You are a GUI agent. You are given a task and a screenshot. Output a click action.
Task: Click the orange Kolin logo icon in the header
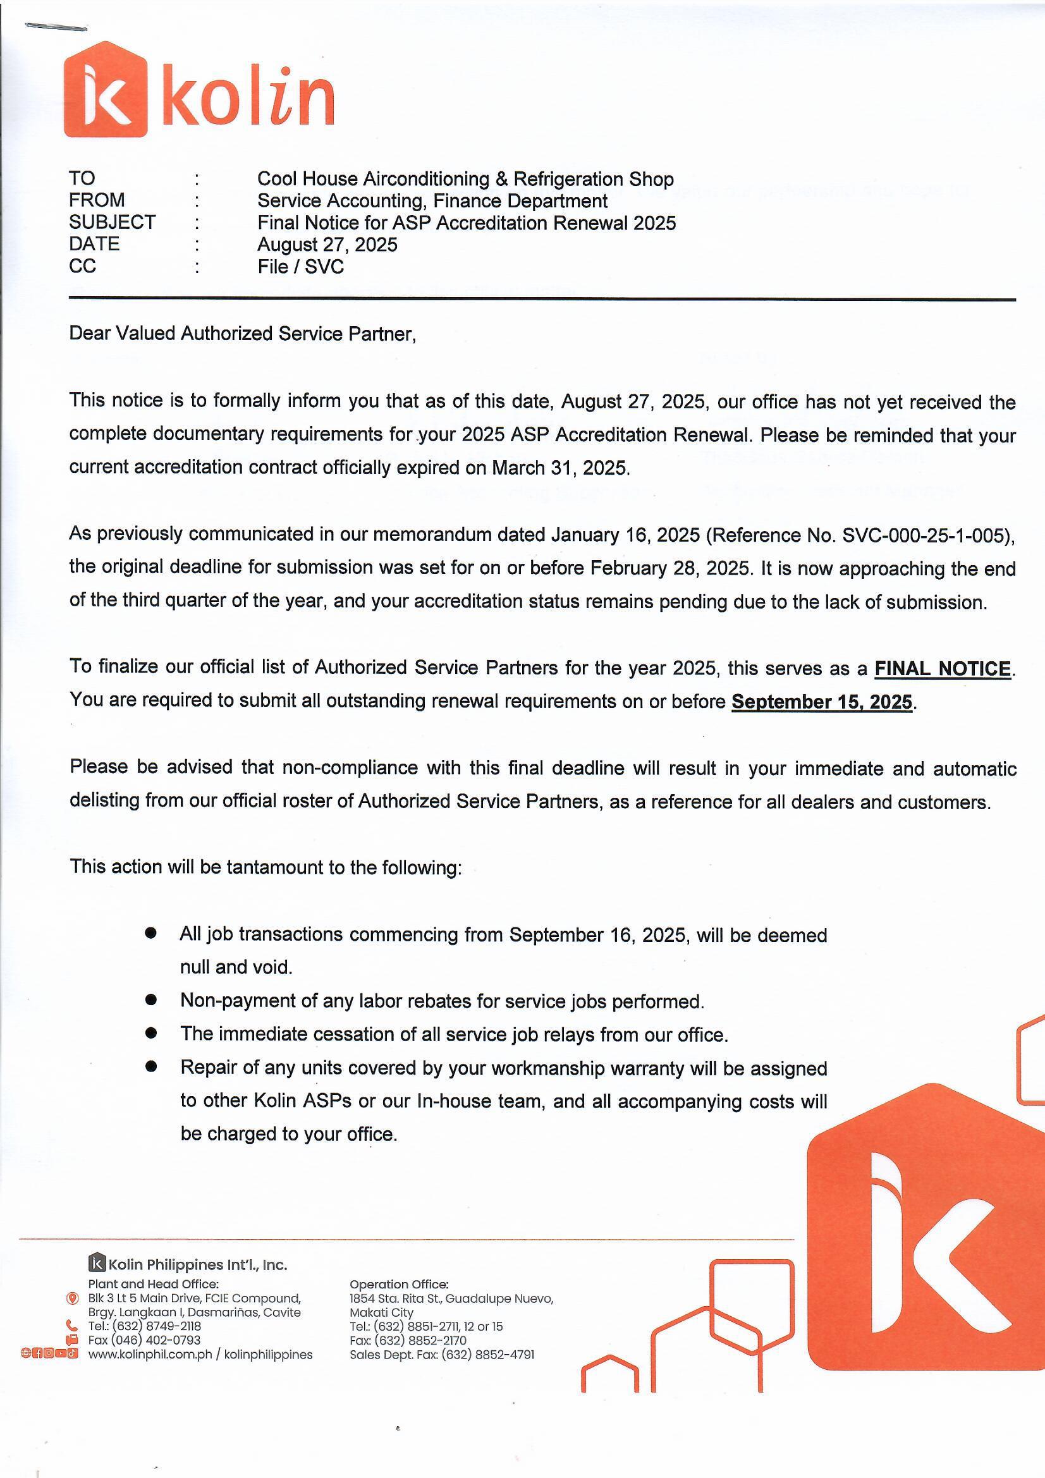[106, 90]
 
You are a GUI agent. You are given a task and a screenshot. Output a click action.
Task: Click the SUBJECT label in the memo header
[112, 222]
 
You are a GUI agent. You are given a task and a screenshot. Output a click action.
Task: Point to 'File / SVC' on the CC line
[301, 267]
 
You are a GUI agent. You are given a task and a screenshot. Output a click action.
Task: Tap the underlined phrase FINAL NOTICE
[942, 669]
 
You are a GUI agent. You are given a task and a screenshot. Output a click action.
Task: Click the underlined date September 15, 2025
[822, 702]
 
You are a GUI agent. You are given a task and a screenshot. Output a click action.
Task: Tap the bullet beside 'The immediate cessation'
[151, 1033]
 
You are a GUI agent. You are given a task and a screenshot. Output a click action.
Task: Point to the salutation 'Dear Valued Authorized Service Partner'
[242, 333]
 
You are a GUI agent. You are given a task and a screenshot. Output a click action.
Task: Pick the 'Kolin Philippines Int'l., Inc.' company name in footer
[197, 1265]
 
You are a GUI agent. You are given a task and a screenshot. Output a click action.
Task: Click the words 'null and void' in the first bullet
[235, 967]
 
